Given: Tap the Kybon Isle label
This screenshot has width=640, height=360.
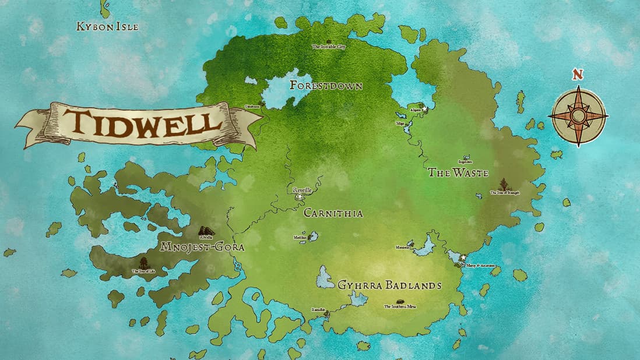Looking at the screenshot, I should [108, 26].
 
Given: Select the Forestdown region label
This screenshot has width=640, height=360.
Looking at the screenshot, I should [326, 86].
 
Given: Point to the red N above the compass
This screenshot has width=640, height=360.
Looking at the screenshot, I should [577, 75].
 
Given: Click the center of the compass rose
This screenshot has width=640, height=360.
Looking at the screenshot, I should [578, 116].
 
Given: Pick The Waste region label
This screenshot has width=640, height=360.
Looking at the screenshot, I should [458, 172].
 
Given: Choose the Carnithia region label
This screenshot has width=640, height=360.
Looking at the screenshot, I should [333, 213].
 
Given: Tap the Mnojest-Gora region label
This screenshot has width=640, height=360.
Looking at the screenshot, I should [202, 247].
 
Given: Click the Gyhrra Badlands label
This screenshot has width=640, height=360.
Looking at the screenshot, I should [389, 285].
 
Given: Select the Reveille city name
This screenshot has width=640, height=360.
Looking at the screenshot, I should [303, 190].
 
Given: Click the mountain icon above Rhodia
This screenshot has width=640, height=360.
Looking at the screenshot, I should [206, 231].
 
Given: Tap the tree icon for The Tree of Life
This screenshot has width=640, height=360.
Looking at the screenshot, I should [143, 263].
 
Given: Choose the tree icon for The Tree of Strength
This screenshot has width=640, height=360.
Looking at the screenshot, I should [503, 184].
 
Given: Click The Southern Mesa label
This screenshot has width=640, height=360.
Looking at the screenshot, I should [400, 307].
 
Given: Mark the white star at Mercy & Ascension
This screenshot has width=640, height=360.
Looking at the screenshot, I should [463, 257].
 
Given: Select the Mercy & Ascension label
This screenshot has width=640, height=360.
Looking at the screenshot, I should [480, 265].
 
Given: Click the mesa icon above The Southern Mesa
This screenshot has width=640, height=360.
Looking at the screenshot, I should [400, 301].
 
